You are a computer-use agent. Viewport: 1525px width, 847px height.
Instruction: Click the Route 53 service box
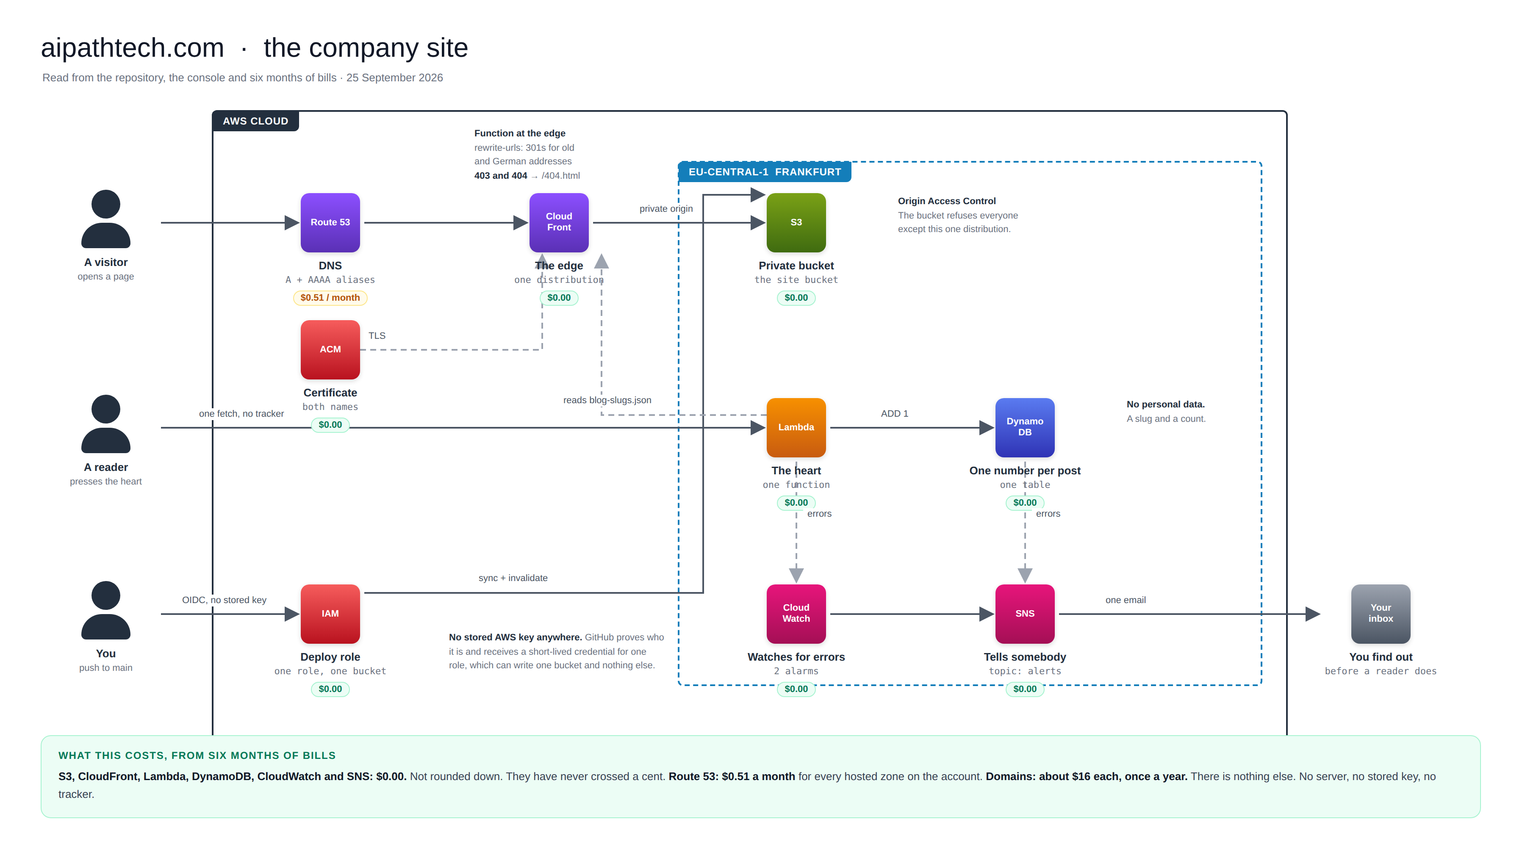330,223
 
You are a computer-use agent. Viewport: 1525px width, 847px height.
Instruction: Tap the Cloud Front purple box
559,223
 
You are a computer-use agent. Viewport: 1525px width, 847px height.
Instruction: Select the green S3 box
796,223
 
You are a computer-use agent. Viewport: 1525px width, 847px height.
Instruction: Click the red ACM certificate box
330,350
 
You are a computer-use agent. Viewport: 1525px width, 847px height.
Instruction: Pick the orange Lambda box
796,427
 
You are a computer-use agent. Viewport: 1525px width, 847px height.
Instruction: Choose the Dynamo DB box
1025,427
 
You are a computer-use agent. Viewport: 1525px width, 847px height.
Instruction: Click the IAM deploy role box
330,614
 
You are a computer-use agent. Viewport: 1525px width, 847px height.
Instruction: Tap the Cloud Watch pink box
796,614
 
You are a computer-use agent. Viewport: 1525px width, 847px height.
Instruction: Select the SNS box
1025,614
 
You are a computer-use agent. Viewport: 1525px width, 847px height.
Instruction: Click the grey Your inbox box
1381,614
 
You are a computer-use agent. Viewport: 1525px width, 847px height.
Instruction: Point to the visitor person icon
106,219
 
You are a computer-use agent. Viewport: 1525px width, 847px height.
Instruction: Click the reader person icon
106,424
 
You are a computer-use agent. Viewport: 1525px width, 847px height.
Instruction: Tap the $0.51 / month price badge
330,298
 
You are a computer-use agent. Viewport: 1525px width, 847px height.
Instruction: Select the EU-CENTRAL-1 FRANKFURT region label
765,172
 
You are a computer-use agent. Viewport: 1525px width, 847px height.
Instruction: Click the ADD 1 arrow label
895,414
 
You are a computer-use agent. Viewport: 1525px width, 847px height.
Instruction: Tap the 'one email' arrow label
1126,600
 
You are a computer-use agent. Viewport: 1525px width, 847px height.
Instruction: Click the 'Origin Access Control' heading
947,201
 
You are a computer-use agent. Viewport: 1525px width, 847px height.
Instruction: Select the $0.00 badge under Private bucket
796,298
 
